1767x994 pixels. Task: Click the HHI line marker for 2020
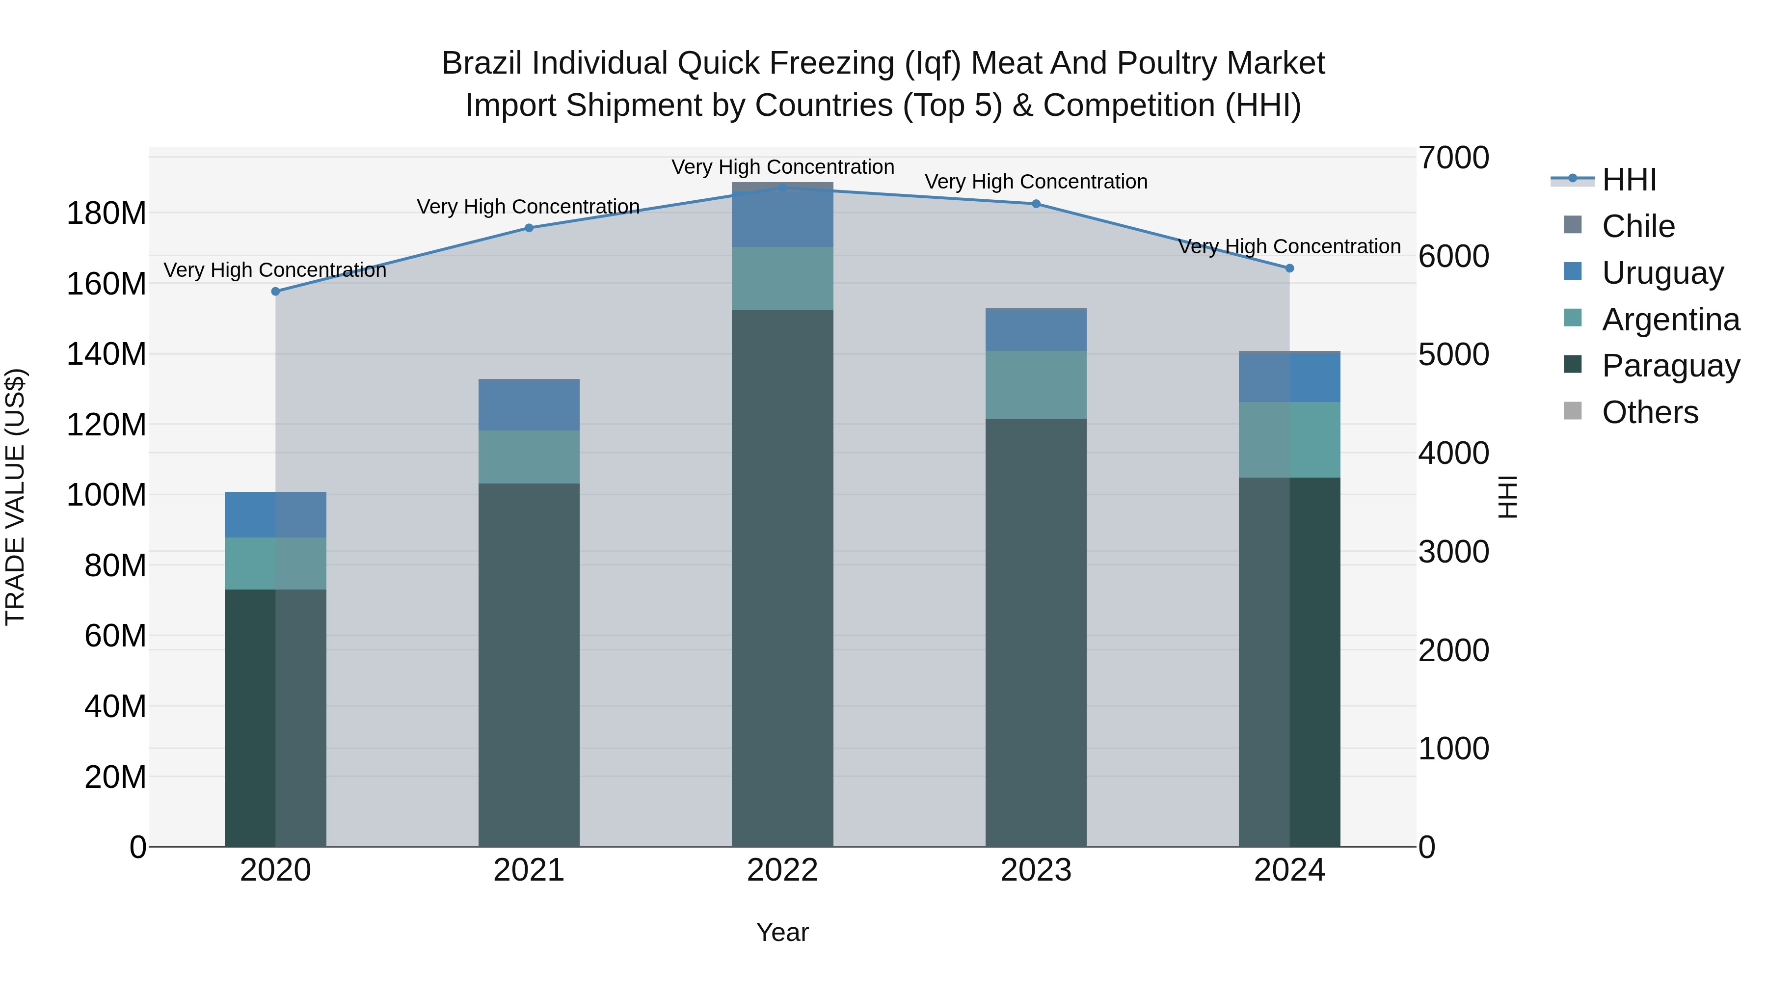pos(275,292)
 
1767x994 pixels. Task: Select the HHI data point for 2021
pos(529,228)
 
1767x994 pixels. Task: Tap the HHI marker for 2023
pos(1036,204)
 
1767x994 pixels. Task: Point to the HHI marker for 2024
pos(1289,268)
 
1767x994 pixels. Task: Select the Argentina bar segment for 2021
pos(529,457)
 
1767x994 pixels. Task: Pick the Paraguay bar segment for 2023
pos(1036,631)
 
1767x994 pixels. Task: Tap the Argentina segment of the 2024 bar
pos(1289,440)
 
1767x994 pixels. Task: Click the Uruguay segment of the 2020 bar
pos(275,514)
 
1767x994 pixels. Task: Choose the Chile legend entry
pos(1638,226)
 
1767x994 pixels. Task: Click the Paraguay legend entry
pos(1670,366)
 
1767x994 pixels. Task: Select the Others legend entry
pos(1650,412)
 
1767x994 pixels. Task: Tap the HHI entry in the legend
pos(1629,180)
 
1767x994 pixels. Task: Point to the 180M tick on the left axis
pos(107,214)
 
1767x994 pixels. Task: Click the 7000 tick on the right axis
pos(1453,158)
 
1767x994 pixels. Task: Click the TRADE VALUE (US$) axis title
pos(16,497)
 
